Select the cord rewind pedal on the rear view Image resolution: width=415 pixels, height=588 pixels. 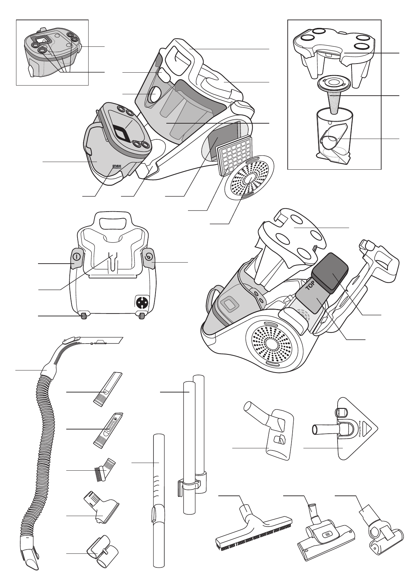click(x=149, y=257)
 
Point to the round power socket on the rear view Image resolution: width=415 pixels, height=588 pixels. click(x=142, y=302)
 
